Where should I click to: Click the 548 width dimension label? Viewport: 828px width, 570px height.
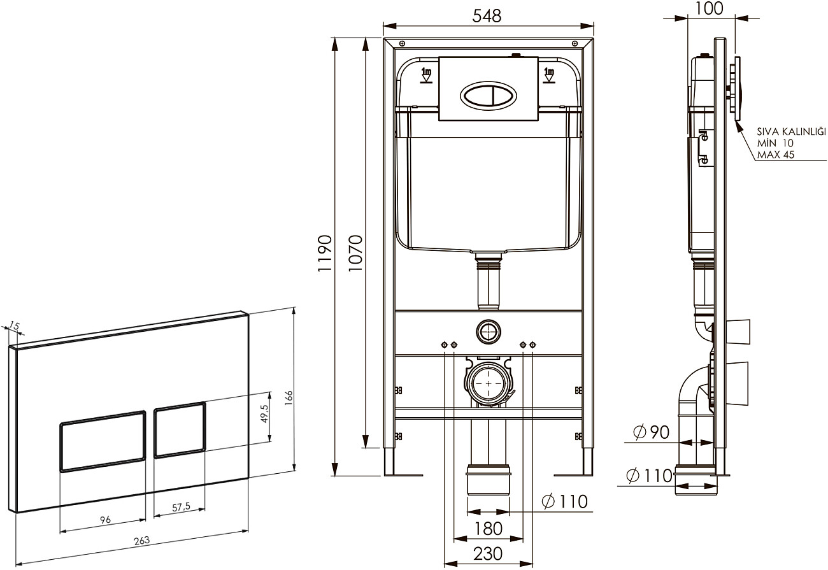pos(487,16)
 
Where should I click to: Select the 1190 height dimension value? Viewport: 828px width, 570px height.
pos(325,253)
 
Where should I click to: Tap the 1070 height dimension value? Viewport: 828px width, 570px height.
pos(355,253)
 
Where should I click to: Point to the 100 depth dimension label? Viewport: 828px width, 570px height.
pos(709,8)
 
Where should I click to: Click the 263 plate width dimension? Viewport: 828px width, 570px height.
pos(141,541)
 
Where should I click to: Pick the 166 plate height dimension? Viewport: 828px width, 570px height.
pos(289,398)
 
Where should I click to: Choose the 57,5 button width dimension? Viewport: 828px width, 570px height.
pos(181,507)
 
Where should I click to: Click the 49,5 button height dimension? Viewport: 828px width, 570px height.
pos(264,413)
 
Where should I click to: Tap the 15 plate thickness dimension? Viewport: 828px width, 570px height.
pos(14,325)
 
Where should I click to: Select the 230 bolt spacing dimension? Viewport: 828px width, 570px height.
pos(488,553)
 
